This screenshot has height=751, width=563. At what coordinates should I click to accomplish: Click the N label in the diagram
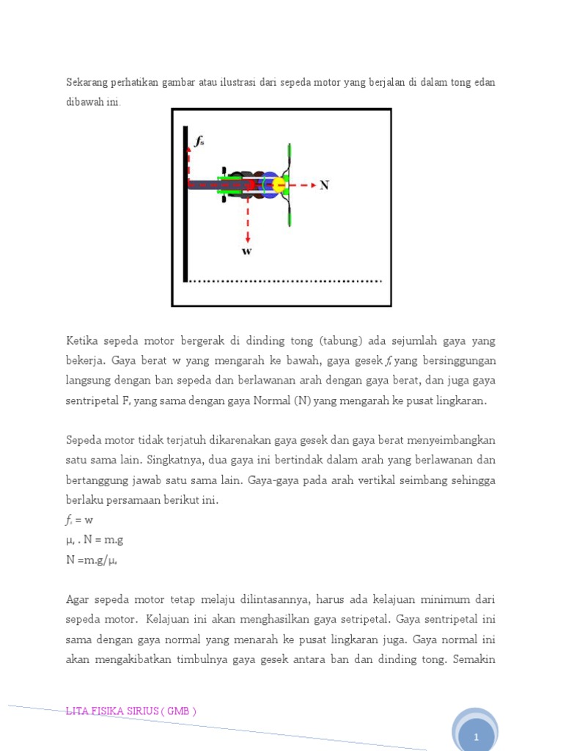click(x=324, y=186)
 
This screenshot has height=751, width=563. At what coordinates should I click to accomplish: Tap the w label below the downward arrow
click(x=247, y=252)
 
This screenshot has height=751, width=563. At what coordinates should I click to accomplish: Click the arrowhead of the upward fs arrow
click(x=189, y=146)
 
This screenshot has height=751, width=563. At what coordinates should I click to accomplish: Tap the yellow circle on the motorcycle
click(x=279, y=185)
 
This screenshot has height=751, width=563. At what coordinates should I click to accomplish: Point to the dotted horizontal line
click(x=286, y=280)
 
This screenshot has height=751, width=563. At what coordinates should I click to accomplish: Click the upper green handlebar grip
click(x=290, y=155)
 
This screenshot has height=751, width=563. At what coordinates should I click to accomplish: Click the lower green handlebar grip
click(x=290, y=214)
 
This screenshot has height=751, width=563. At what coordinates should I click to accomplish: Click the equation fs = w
click(x=80, y=520)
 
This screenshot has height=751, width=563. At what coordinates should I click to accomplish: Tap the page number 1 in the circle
click(x=476, y=736)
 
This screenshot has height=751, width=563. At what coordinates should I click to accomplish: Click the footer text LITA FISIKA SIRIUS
click(x=130, y=711)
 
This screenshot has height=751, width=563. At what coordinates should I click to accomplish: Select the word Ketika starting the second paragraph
click(x=82, y=341)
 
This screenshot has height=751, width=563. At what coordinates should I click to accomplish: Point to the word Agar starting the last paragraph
click(x=78, y=599)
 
